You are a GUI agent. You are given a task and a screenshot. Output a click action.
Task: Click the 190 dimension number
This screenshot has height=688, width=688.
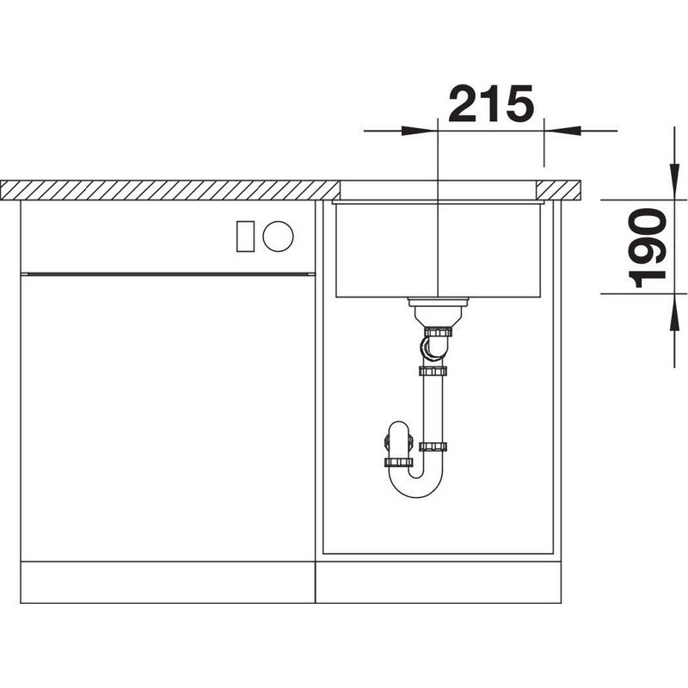point(648,249)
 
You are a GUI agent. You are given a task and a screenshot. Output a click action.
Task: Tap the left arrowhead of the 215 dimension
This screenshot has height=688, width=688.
point(420,131)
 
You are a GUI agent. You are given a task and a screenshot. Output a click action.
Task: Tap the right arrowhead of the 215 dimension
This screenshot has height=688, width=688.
point(562,131)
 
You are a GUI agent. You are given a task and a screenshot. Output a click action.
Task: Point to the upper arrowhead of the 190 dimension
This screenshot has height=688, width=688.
point(674,181)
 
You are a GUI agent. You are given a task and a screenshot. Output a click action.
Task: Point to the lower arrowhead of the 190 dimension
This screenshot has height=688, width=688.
point(674,312)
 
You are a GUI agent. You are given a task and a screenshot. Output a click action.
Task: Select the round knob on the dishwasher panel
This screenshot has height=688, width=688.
point(278,236)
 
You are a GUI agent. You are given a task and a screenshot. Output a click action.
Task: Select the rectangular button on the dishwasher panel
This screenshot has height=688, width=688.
point(245,236)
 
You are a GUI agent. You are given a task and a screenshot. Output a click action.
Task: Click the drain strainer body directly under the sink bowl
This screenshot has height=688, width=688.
point(438,311)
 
